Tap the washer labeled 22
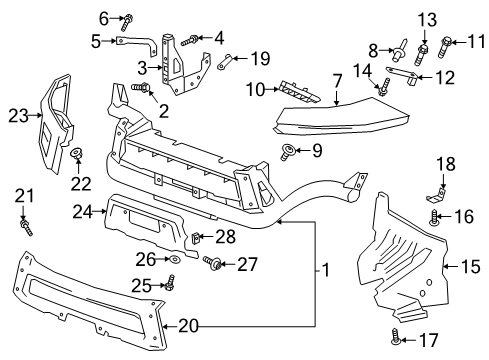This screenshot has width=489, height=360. (76, 154)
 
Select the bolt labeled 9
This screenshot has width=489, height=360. (290, 151)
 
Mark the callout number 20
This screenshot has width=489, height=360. (187, 324)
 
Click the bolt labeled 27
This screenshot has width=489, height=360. (213, 264)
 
